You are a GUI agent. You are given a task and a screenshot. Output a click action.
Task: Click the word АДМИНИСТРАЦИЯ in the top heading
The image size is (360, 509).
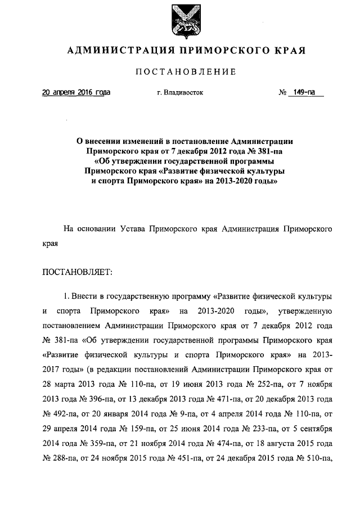115,51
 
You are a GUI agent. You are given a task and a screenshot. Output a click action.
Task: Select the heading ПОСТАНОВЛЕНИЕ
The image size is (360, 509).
186,72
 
